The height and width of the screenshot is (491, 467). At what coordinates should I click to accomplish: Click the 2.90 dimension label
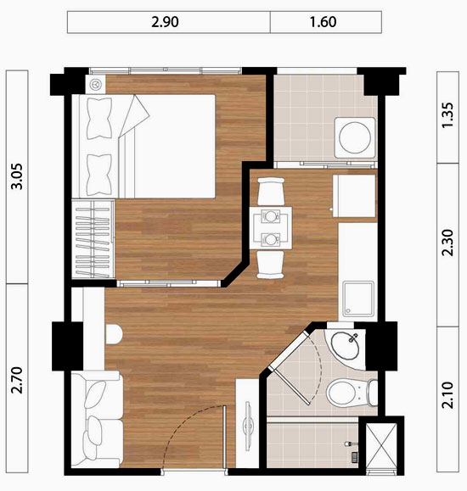click(165, 22)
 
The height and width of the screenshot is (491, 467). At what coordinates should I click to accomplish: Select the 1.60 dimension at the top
click(323, 22)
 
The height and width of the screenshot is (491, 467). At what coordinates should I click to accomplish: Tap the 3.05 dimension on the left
click(17, 176)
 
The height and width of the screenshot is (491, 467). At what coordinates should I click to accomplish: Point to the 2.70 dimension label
click(17, 380)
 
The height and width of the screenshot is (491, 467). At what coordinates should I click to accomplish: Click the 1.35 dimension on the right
click(447, 115)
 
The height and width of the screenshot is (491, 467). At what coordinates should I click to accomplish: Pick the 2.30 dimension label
click(447, 243)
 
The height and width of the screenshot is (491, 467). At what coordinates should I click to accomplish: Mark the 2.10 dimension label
click(447, 395)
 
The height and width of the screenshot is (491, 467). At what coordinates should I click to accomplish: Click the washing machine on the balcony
click(355, 137)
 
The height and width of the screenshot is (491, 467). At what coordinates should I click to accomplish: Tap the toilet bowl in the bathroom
click(352, 393)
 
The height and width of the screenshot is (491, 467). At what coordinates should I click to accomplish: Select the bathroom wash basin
click(345, 345)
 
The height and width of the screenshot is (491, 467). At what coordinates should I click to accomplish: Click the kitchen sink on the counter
click(357, 299)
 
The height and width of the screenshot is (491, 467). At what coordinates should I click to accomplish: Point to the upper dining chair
click(271, 192)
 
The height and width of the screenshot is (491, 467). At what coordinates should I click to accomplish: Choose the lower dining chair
click(270, 265)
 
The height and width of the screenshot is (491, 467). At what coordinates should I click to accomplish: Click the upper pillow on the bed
click(99, 119)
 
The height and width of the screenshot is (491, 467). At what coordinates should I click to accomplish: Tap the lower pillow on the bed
click(99, 175)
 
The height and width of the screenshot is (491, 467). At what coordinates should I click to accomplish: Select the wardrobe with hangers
click(93, 239)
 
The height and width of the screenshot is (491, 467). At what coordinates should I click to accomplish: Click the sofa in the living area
click(97, 419)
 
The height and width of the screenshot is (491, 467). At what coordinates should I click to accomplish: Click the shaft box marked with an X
click(381, 446)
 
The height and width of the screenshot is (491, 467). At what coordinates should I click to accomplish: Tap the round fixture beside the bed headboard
click(95, 84)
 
